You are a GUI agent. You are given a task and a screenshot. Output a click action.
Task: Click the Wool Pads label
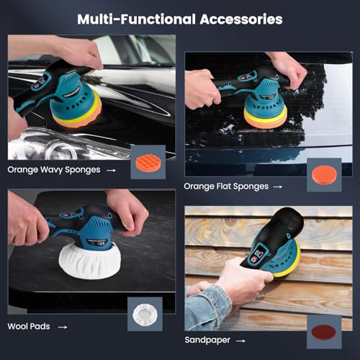[30, 325]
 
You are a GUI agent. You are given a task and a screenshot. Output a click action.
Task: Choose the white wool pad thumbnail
[147, 315]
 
